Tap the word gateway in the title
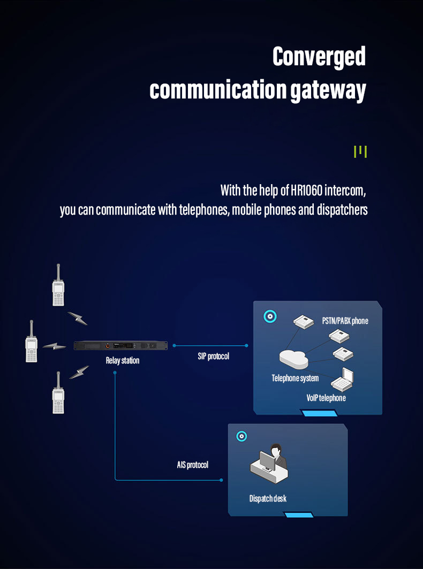coord(328,90)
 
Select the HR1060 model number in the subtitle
coord(307,190)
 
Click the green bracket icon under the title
coord(360,151)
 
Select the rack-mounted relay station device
coord(120,345)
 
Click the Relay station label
coord(123,361)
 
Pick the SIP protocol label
coord(214,356)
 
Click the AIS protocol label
coord(192,465)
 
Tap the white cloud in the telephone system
coord(294,359)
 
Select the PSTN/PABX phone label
coord(345,321)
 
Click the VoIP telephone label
coord(326,398)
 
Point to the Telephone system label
coord(295,378)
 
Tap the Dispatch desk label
coord(268,498)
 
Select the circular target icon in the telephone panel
coord(270,316)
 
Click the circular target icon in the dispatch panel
coord(241,436)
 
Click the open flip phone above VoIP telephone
coord(342,380)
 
